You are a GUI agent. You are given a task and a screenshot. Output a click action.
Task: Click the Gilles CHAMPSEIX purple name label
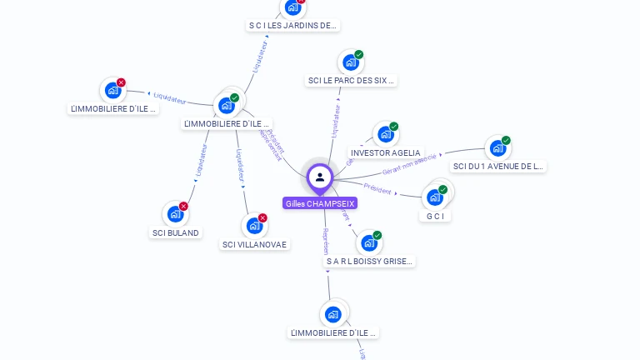[x=320, y=203]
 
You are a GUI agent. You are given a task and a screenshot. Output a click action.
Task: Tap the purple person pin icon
[x=320, y=177]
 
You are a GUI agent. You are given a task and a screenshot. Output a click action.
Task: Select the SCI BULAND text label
[x=176, y=233]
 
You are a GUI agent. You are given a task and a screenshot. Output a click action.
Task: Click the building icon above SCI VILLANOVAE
[x=254, y=226]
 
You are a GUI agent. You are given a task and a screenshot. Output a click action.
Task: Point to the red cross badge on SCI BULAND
[x=184, y=206]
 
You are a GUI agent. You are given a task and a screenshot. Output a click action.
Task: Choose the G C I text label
[x=433, y=217]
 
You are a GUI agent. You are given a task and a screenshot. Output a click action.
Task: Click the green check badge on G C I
[x=442, y=189]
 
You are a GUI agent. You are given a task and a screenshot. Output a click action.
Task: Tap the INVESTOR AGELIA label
[x=386, y=153]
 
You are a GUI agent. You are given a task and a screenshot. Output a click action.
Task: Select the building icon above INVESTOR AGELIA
[x=384, y=134]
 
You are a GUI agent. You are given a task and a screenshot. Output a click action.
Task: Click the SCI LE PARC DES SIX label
[x=351, y=81]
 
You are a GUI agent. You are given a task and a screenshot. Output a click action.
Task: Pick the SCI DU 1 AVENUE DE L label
[x=498, y=167]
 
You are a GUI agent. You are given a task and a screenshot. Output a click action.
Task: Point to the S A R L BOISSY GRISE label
[x=369, y=262]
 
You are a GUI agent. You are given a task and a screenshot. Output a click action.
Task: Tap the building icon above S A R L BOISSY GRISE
[x=368, y=242]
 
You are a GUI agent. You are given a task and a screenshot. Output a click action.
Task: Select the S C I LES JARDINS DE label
[x=292, y=26]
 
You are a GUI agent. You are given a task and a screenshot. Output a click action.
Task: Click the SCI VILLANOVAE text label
[x=254, y=245]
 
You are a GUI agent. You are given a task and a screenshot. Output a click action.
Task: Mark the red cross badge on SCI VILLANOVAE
[x=262, y=218]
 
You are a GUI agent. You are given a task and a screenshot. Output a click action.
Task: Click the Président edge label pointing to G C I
[x=377, y=191]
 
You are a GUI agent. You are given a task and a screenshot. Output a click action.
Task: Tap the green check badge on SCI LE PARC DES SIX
[x=358, y=55]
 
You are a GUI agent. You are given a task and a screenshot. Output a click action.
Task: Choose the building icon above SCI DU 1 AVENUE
[x=497, y=148]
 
